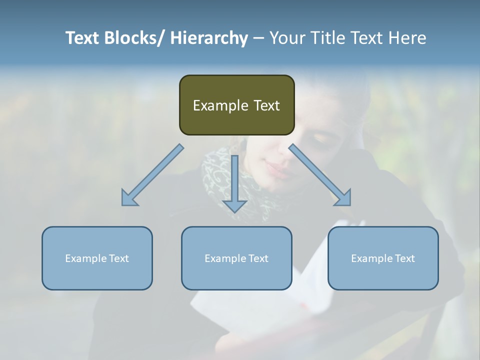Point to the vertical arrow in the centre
[x=234, y=180]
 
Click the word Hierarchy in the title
[x=209, y=38]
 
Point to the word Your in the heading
[x=287, y=38]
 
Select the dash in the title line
[x=258, y=38]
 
